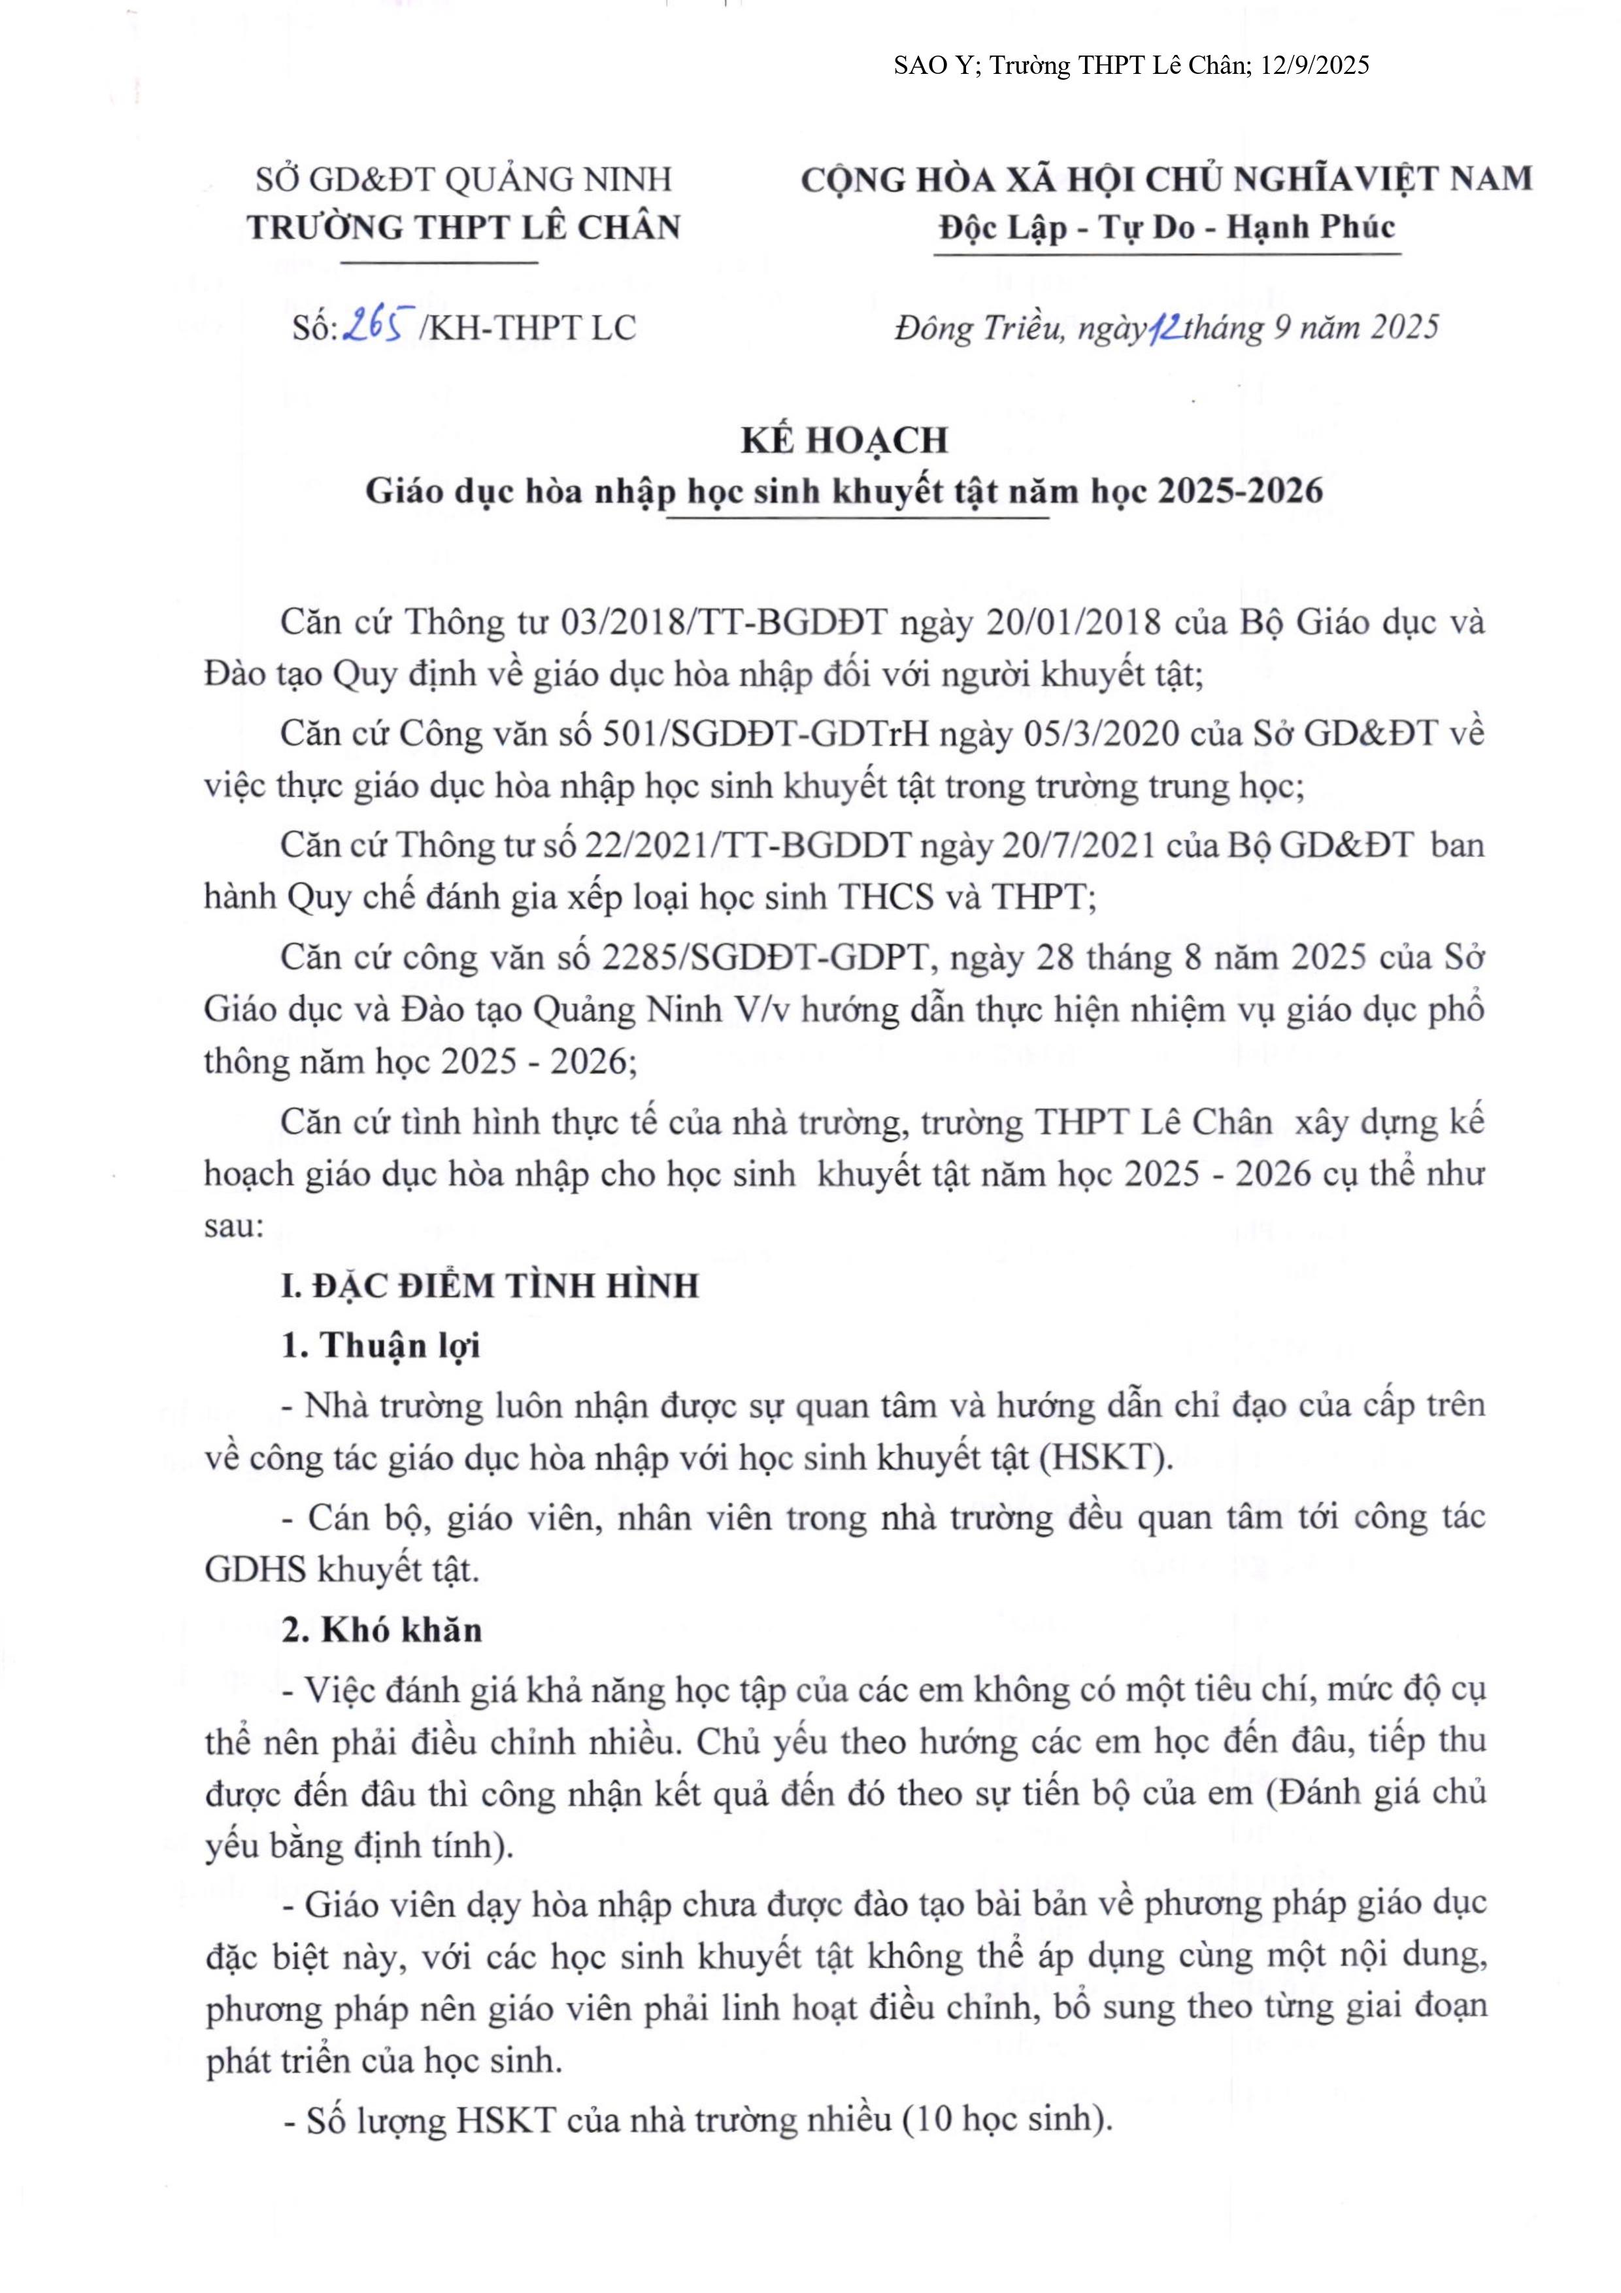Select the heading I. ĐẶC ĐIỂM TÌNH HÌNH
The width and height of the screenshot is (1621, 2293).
[490, 1284]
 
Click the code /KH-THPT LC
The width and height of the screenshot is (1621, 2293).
[527, 327]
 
